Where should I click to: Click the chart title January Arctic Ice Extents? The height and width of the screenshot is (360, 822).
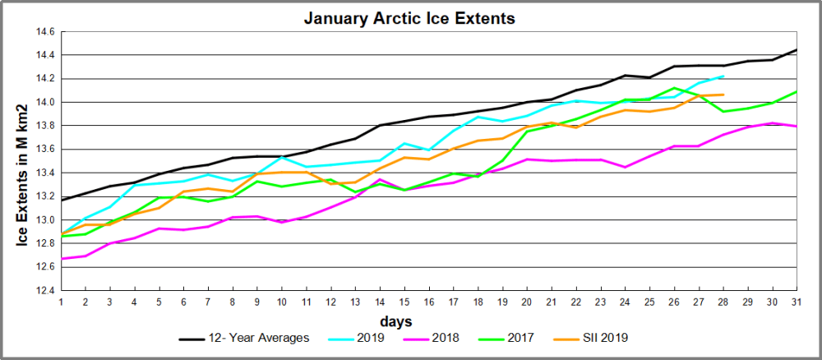pos(409,17)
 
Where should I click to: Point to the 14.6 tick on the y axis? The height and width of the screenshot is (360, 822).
pos(44,32)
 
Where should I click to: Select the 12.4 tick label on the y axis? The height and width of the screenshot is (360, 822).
pos(44,290)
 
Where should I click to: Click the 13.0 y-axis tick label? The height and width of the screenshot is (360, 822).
pos(44,219)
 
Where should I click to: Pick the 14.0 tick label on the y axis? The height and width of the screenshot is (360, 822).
pos(44,103)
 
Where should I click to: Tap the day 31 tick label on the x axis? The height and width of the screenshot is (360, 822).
pos(797,302)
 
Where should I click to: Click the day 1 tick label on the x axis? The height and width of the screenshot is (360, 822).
pos(61,302)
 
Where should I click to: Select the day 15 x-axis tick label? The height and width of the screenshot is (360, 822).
pos(404,302)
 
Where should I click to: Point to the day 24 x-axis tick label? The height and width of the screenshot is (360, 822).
pos(625,302)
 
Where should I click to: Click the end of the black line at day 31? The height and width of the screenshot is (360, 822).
pos(797,50)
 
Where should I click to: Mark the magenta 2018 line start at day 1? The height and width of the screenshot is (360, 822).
pos(61,258)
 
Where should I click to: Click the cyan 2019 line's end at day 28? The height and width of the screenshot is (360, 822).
pos(723,76)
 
